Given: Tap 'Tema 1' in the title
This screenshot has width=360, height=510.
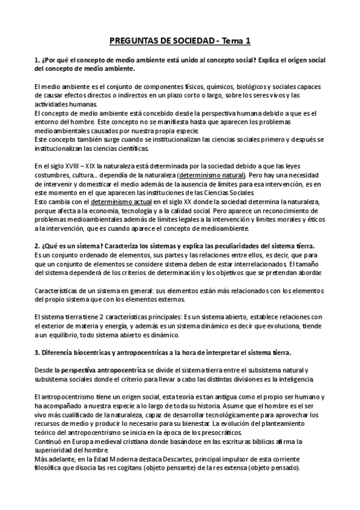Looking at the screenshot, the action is tap(236, 41).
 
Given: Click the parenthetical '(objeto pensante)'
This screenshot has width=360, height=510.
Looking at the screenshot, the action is tap(207, 469).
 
